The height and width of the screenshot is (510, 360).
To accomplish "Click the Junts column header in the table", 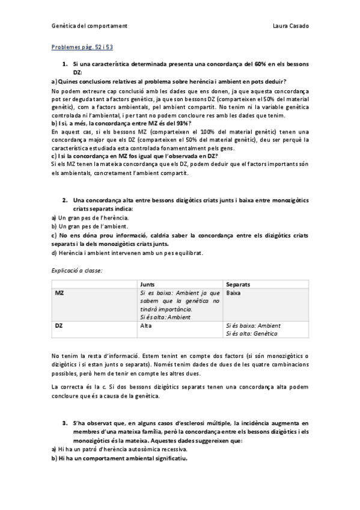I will coord(147,283).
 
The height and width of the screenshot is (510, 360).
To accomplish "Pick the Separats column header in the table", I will coord(238,283).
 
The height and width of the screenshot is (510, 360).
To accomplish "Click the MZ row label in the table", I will coord(59,292).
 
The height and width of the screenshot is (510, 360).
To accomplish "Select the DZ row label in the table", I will coord(59,325).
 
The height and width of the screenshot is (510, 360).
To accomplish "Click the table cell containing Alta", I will coord(145,325).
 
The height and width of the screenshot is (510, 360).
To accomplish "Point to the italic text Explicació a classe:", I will coord(77,271).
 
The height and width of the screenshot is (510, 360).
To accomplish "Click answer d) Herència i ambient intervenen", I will coord(127,253).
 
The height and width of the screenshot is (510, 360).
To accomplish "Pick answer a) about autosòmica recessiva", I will coord(120,449).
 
